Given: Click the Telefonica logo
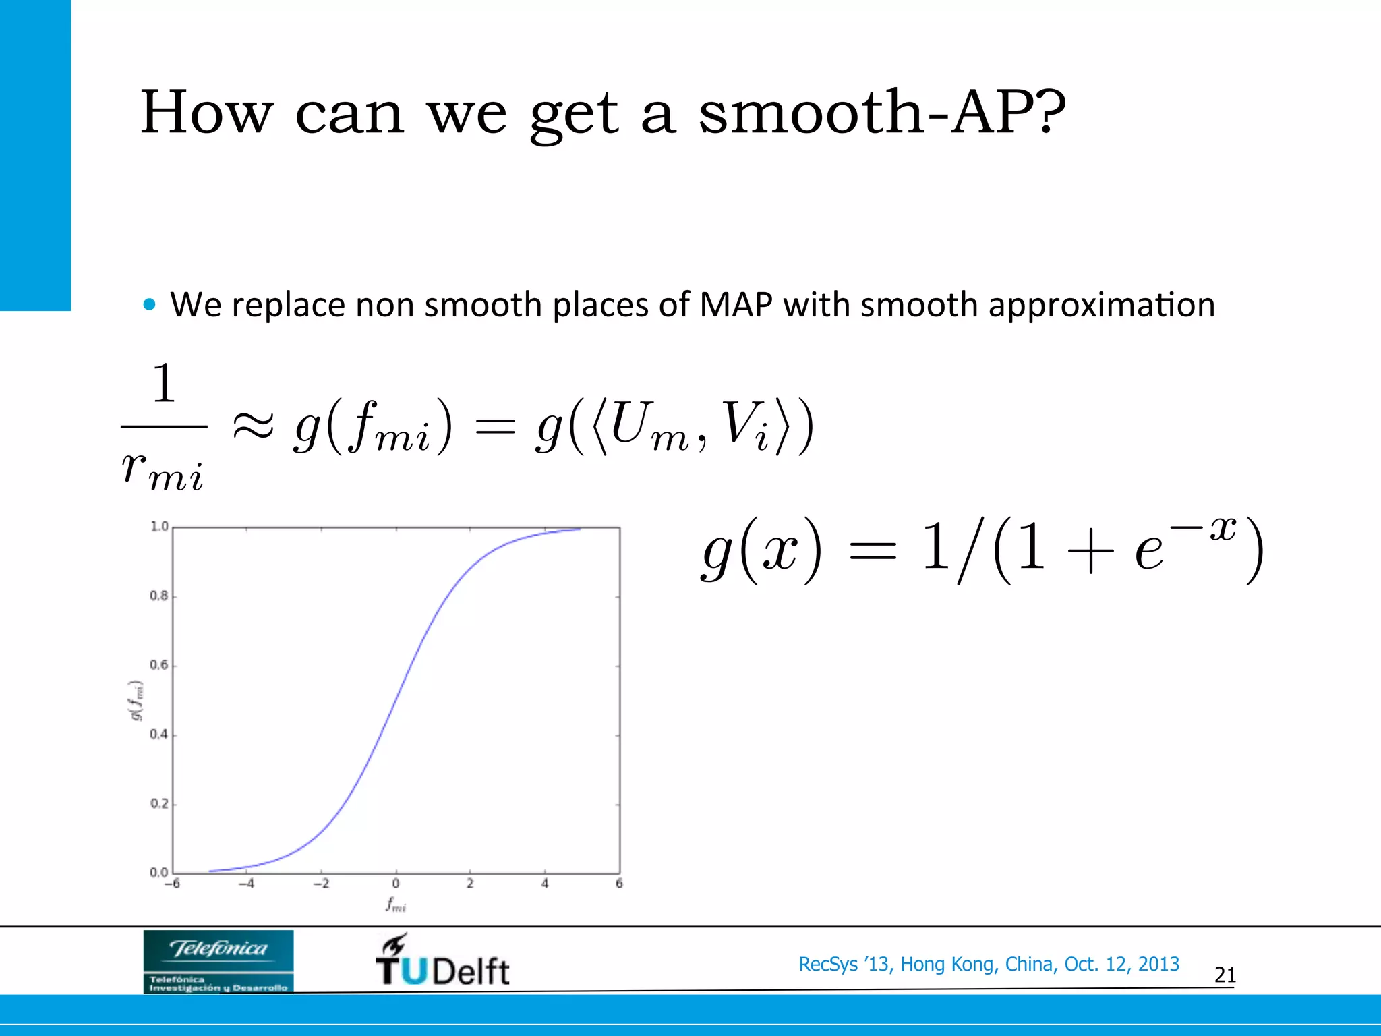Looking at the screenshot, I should [x=218, y=961].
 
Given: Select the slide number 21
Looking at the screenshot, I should [x=1225, y=975].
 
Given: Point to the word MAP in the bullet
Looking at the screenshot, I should [x=736, y=305].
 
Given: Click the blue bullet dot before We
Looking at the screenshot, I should [x=150, y=305].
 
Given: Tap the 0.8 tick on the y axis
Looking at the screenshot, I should [x=159, y=596].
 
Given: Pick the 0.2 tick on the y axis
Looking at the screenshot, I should [x=159, y=803].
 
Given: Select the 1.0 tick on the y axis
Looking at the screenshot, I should [x=159, y=526].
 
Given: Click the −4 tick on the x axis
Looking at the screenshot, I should [x=246, y=884].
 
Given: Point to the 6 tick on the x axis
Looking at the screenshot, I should [x=619, y=884].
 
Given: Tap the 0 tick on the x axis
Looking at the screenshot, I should [x=396, y=884].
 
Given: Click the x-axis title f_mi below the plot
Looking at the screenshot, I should [x=396, y=904].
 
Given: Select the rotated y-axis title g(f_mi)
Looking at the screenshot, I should [x=137, y=701].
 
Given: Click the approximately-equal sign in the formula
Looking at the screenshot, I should [x=253, y=426].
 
